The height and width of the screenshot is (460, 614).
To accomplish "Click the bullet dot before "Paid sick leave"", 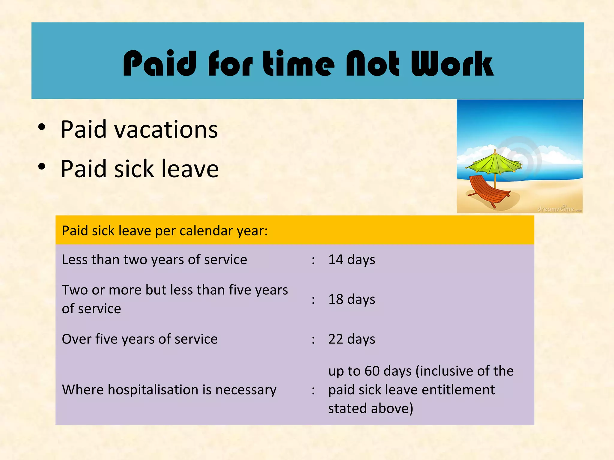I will tap(42, 167).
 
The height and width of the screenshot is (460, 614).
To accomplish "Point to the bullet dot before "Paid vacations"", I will tap(42, 127).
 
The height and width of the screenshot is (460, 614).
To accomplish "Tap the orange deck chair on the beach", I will tap(487, 190).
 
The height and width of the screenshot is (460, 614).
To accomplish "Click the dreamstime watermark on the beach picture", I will tap(559, 209).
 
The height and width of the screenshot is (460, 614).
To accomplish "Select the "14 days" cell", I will tap(351, 260).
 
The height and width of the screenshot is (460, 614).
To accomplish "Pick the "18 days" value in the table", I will tap(351, 299).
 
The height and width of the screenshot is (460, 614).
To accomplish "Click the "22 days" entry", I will tap(351, 339).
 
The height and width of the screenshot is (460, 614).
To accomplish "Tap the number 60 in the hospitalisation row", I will tap(372, 371).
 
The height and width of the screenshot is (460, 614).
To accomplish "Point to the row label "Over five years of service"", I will tap(139, 339).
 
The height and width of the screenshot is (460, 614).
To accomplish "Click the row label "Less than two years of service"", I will tap(154, 260).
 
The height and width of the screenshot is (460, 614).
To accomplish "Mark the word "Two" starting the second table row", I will tap(75, 290).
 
